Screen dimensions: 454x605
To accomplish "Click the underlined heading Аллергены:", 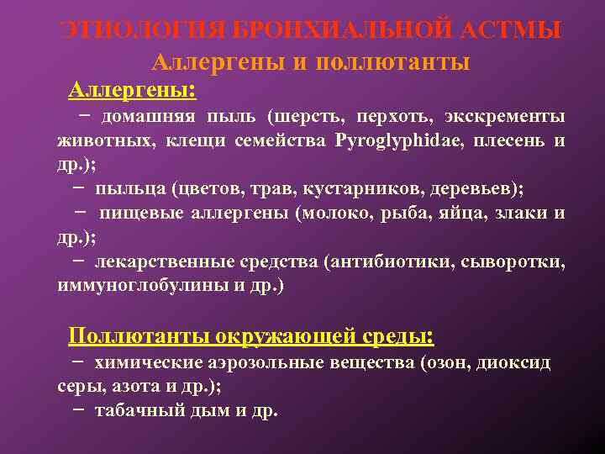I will pyautogui.click(x=132, y=89).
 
